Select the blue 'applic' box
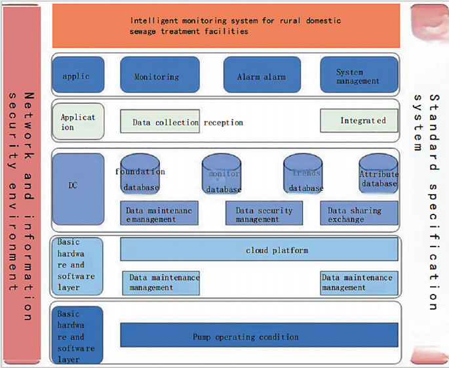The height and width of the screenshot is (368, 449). point(77,75)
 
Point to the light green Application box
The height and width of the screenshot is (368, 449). point(78,121)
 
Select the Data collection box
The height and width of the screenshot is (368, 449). point(160,121)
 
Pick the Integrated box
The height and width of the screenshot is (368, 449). point(359,120)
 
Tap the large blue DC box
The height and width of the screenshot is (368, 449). point(78,189)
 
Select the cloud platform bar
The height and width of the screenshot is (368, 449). point(259,250)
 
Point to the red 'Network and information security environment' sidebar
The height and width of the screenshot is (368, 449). point(22,184)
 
